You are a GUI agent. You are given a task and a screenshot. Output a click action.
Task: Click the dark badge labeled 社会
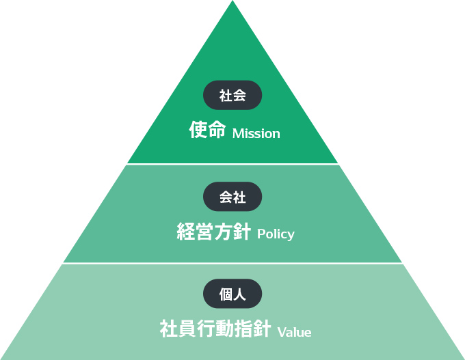pyautogui.click(x=232, y=96)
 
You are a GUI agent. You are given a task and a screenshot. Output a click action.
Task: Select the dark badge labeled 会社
pyautogui.click(x=232, y=197)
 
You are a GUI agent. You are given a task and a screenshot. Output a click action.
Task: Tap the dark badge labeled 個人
pyautogui.click(x=232, y=294)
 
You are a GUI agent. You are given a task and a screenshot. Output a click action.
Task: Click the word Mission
pyautogui.click(x=256, y=133)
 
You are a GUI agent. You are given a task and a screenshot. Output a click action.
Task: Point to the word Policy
pyautogui.click(x=276, y=234)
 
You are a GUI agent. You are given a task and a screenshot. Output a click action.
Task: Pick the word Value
pyautogui.click(x=294, y=333)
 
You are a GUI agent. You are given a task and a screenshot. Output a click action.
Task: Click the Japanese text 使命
pyautogui.click(x=207, y=131)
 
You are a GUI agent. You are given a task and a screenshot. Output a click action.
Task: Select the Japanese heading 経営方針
pyautogui.click(x=213, y=232)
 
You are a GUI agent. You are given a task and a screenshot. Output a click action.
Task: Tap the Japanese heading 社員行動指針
pyautogui.click(x=215, y=330)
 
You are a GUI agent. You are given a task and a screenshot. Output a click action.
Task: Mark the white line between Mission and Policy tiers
pyautogui.click(x=232, y=165)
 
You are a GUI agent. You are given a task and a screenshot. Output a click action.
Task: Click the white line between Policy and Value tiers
pyautogui.click(x=232, y=264)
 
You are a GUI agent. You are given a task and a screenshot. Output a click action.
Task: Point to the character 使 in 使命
pyautogui.click(x=198, y=131)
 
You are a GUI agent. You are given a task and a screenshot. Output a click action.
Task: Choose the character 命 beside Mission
pyautogui.click(x=217, y=131)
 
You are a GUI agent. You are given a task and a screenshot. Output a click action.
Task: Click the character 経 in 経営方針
pyautogui.click(x=186, y=232)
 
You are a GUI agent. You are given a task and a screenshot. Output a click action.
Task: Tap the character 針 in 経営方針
pyautogui.click(x=241, y=232)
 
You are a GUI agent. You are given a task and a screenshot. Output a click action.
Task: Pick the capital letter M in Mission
pyautogui.click(x=237, y=133)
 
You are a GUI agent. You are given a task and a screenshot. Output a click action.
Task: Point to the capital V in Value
pyautogui.click(x=281, y=333)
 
